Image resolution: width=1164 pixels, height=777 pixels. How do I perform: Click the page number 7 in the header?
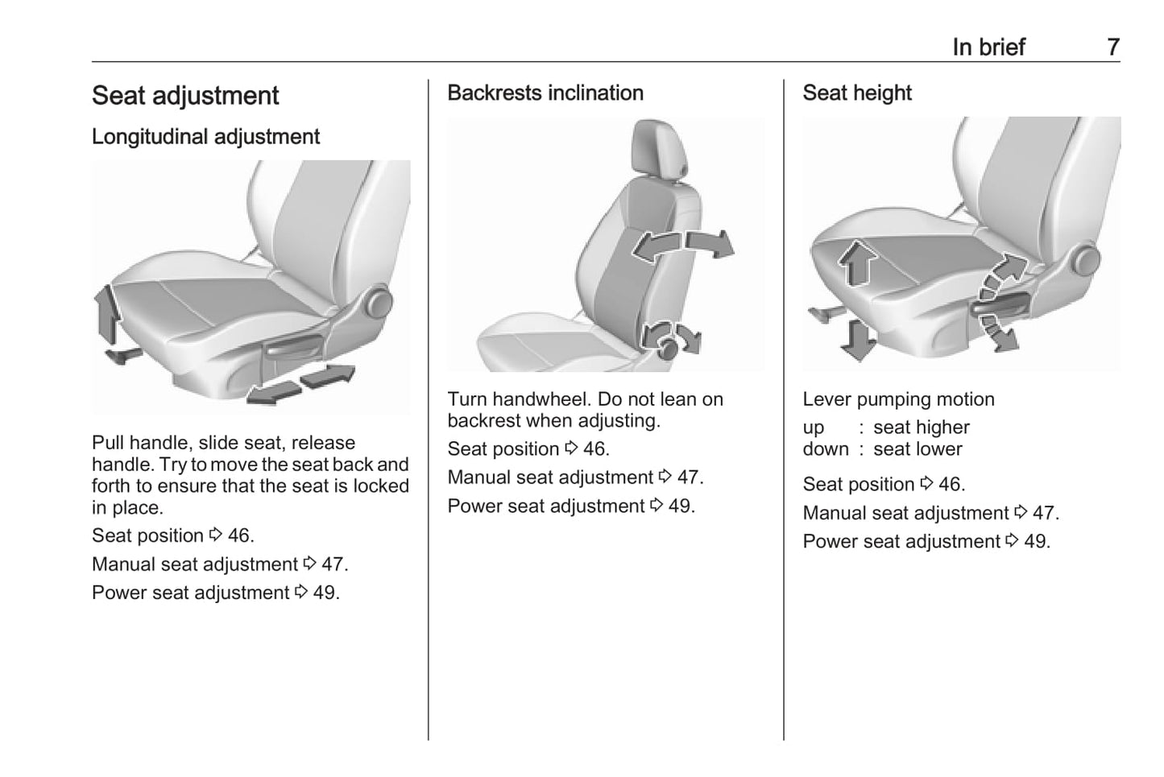1113,48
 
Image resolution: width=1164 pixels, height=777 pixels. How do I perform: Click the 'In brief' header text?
988,48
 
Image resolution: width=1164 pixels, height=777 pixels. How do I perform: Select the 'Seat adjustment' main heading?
185,96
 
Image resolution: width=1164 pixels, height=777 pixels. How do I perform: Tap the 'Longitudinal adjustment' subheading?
205,137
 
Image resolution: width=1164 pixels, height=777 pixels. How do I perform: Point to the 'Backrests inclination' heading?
545,93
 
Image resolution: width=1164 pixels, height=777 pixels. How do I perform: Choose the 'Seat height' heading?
857,93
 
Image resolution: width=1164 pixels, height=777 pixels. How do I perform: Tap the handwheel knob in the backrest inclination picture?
667,348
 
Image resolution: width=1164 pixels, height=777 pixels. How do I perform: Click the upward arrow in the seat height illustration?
857,262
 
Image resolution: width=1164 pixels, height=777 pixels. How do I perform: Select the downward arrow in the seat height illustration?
857,341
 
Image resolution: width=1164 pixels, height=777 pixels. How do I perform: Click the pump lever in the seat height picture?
1000,304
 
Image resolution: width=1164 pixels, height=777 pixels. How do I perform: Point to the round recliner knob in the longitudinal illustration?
379,304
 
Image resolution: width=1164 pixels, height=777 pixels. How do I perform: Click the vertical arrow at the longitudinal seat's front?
107,314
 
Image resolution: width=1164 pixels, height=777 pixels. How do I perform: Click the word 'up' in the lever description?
814,428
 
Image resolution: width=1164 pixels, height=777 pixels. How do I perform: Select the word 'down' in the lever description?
826,449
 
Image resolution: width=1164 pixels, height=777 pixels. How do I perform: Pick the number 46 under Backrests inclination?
594,448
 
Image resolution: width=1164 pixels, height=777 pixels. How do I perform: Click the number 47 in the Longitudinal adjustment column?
332,564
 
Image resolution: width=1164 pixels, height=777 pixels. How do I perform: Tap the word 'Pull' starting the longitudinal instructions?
108,443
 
